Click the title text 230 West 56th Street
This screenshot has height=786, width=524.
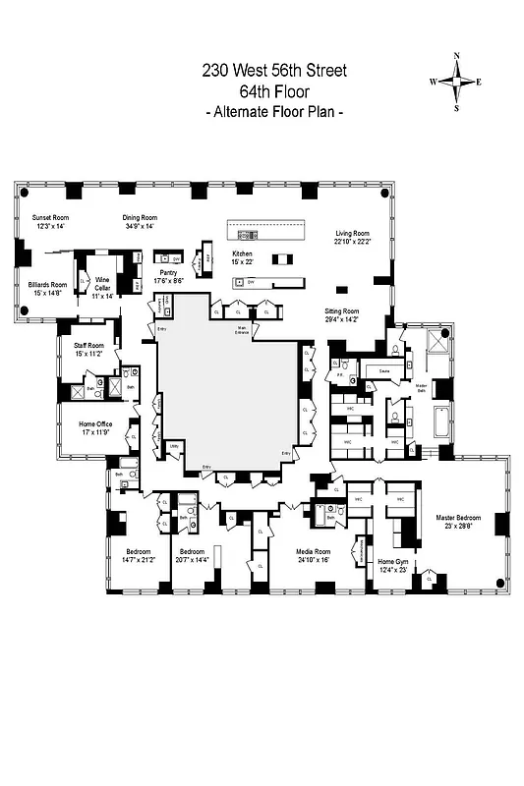click(x=274, y=70)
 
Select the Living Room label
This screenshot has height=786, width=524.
click(x=352, y=233)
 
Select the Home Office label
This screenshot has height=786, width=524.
click(x=75, y=423)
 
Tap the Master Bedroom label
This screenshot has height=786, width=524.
click(x=459, y=517)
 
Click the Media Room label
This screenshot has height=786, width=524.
click(x=314, y=551)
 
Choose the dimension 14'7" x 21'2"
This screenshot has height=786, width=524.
click(x=131, y=560)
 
